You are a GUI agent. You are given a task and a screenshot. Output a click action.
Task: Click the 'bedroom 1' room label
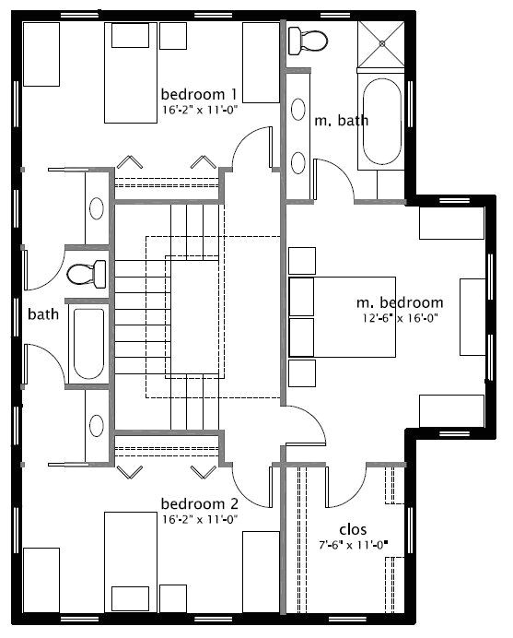[x=200, y=94]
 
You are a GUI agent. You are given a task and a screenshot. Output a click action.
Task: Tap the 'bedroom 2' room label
[x=200, y=504]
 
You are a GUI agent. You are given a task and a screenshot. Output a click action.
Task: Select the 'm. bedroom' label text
[x=400, y=302]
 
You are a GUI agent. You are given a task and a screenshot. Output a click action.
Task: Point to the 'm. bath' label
[x=335, y=121]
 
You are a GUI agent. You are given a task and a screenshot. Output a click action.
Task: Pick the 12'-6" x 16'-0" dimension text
[x=400, y=318]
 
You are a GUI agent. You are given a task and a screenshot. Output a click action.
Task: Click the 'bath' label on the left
[x=43, y=314]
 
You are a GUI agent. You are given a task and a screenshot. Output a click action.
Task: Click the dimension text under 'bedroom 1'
[x=200, y=109]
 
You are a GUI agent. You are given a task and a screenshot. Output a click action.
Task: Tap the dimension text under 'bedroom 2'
[x=200, y=519]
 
